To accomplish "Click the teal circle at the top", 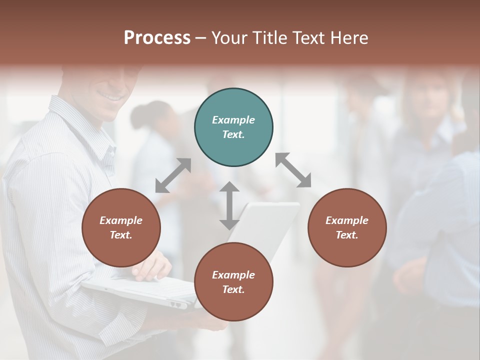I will [x=233, y=127].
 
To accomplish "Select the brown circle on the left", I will [x=121, y=227].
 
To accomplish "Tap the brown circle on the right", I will [x=347, y=227].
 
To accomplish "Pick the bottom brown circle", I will [x=233, y=282].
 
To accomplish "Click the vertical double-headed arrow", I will [x=229, y=205].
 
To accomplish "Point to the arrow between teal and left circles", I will [x=173, y=175].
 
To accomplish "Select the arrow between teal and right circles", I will [x=293, y=170].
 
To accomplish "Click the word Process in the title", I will [x=157, y=37].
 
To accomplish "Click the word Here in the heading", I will [x=349, y=37].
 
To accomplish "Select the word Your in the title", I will [x=229, y=37].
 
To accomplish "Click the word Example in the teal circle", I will [x=233, y=120].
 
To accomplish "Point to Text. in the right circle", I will [x=347, y=235].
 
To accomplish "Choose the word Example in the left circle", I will [x=121, y=220].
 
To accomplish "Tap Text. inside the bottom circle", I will [x=233, y=289].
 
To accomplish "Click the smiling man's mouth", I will [x=111, y=95].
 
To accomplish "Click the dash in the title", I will [x=201, y=38].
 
